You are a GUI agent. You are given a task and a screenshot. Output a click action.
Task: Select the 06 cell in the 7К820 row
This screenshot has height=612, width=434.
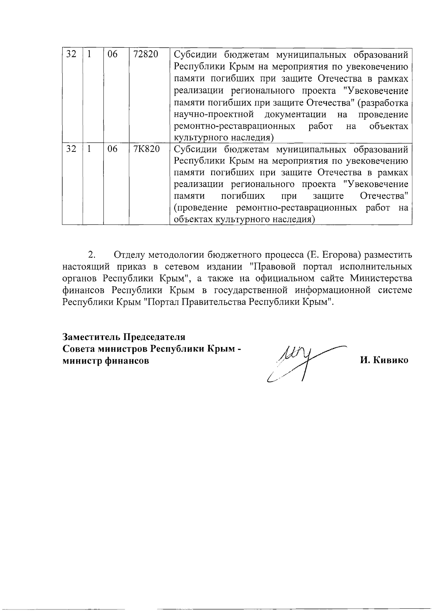pos(113,149)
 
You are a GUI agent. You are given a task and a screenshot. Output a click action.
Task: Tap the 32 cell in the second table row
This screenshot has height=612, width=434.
pos(71,149)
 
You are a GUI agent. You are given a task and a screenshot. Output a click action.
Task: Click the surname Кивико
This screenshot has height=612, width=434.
pos(391,360)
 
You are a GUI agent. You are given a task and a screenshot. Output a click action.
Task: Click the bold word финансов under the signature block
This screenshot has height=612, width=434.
pos(127,361)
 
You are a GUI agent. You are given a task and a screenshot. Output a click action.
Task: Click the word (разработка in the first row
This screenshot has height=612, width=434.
pos(383,103)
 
